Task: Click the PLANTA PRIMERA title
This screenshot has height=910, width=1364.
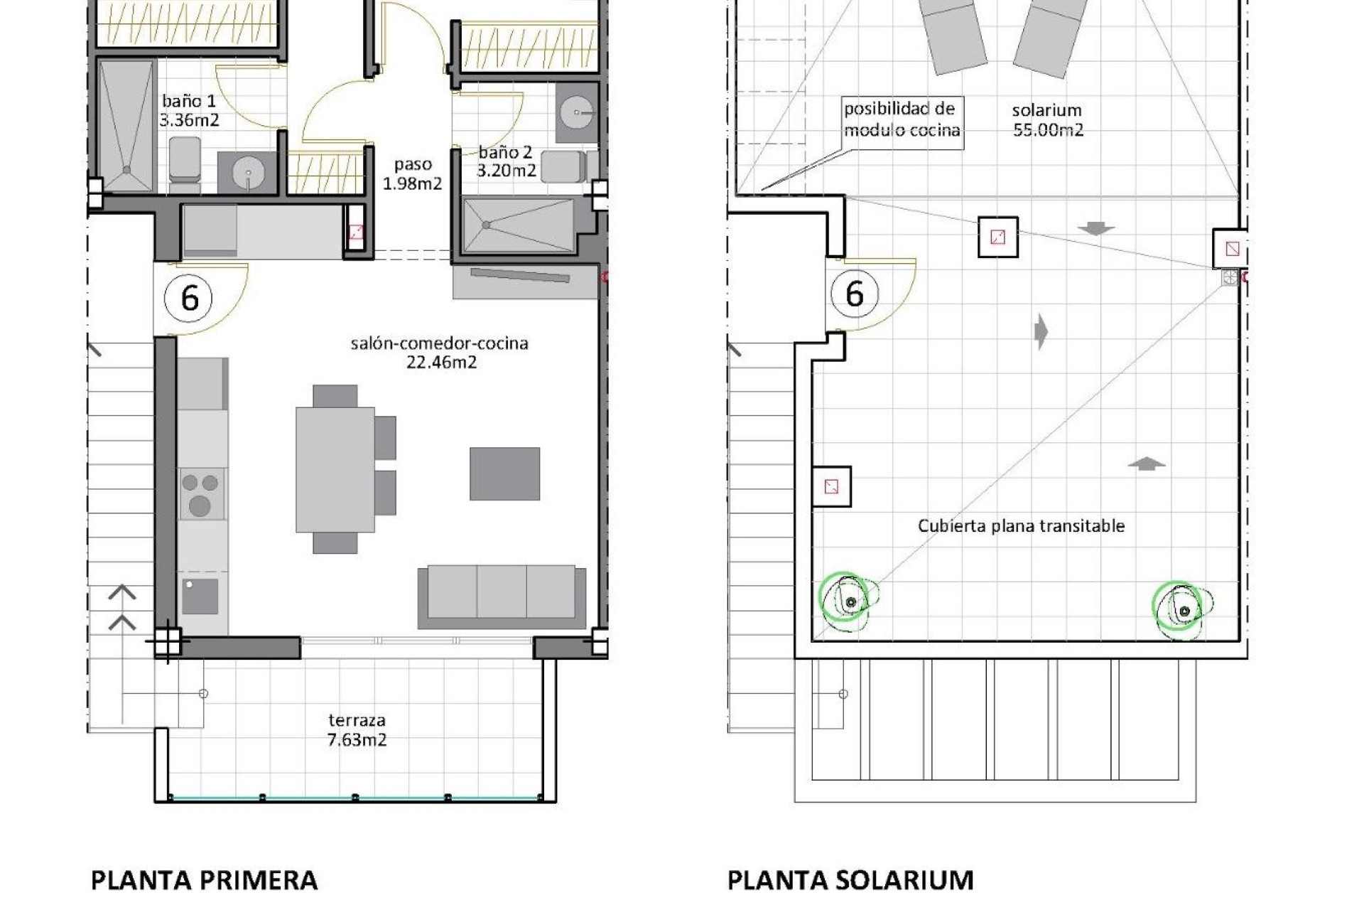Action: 204,880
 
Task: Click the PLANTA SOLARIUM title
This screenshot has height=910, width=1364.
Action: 850,880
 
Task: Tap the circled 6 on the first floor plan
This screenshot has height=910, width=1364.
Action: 189,297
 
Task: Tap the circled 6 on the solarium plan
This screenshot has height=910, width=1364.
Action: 855,293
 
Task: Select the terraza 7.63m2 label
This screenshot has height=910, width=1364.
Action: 357,730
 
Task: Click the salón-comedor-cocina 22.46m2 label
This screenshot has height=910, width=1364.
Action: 440,353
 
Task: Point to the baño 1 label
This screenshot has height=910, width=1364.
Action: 188,110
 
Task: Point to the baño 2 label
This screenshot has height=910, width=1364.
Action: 505,161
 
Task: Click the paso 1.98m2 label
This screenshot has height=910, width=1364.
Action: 412,173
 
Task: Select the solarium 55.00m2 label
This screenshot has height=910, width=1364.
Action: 1047,119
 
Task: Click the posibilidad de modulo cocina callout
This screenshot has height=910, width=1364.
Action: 902,119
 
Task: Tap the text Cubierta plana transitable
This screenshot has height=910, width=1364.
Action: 1021,526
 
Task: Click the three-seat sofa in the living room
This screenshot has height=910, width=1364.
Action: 502,596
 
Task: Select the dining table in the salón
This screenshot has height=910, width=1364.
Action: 335,469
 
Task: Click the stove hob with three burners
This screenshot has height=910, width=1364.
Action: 201,493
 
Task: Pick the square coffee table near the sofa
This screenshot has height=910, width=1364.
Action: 504,473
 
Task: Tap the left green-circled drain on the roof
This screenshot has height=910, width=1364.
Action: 849,601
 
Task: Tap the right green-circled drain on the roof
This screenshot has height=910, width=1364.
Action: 1181,610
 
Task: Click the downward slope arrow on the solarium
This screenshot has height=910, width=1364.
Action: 1095,229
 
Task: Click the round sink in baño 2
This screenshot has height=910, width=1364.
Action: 574,112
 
